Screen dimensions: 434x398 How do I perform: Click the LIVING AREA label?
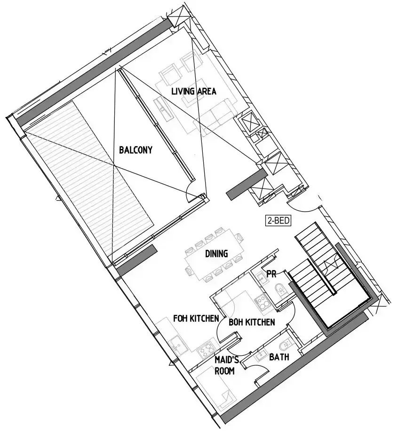(193, 91)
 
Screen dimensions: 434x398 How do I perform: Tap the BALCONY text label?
(135, 150)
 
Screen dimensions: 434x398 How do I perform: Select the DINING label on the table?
(216, 254)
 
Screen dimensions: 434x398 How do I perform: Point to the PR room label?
(271, 273)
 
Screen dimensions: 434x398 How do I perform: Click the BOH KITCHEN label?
(252, 323)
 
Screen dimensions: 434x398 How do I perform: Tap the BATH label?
(279, 358)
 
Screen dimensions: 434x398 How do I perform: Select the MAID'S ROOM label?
(224, 366)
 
